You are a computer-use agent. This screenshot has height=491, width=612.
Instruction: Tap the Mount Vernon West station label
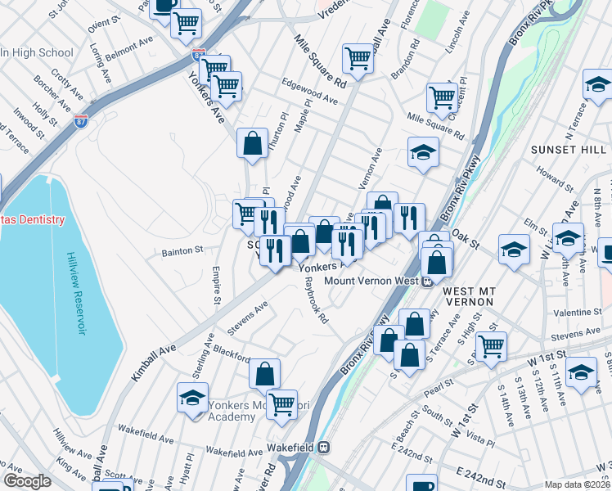373,281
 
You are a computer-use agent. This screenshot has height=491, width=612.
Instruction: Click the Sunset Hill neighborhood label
568,150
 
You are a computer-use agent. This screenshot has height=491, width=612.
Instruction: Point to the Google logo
26,481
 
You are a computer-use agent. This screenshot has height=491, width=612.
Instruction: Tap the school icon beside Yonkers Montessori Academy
192,398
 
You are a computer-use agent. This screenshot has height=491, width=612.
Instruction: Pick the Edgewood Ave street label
309,98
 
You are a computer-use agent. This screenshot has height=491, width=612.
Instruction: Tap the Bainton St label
182,250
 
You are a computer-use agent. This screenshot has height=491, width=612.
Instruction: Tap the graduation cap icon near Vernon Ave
423,152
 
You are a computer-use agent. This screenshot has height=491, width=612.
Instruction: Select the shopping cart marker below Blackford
281,403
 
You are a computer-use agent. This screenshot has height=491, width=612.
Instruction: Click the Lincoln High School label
38,53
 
